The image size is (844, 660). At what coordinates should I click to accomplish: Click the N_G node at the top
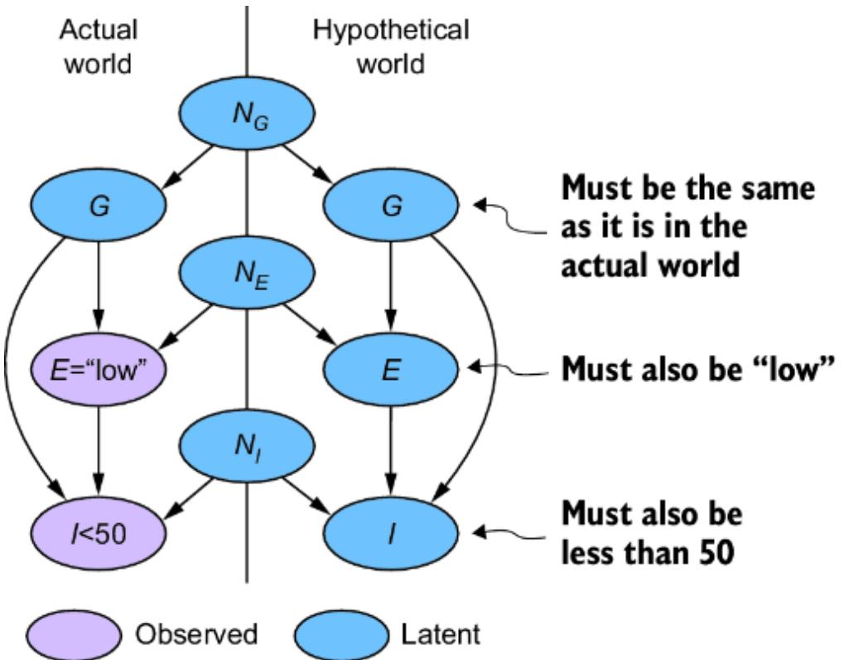pyautogui.click(x=246, y=120)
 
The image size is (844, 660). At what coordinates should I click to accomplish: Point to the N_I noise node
pyautogui.click(x=246, y=449)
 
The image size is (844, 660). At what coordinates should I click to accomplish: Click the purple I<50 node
pyautogui.click(x=99, y=531)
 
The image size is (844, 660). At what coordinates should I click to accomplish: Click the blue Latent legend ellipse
pyautogui.click(x=345, y=635)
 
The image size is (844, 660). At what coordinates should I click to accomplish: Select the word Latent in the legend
pyautogui.click(x=441, y=635)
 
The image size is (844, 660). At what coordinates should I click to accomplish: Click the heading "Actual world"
pyautogui.click(x=99, y=46)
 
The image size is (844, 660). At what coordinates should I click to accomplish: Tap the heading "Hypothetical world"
pyautogui.click(x=391, y=46)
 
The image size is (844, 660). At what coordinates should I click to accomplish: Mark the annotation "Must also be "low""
pyautogui.click(x=694, y=370)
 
